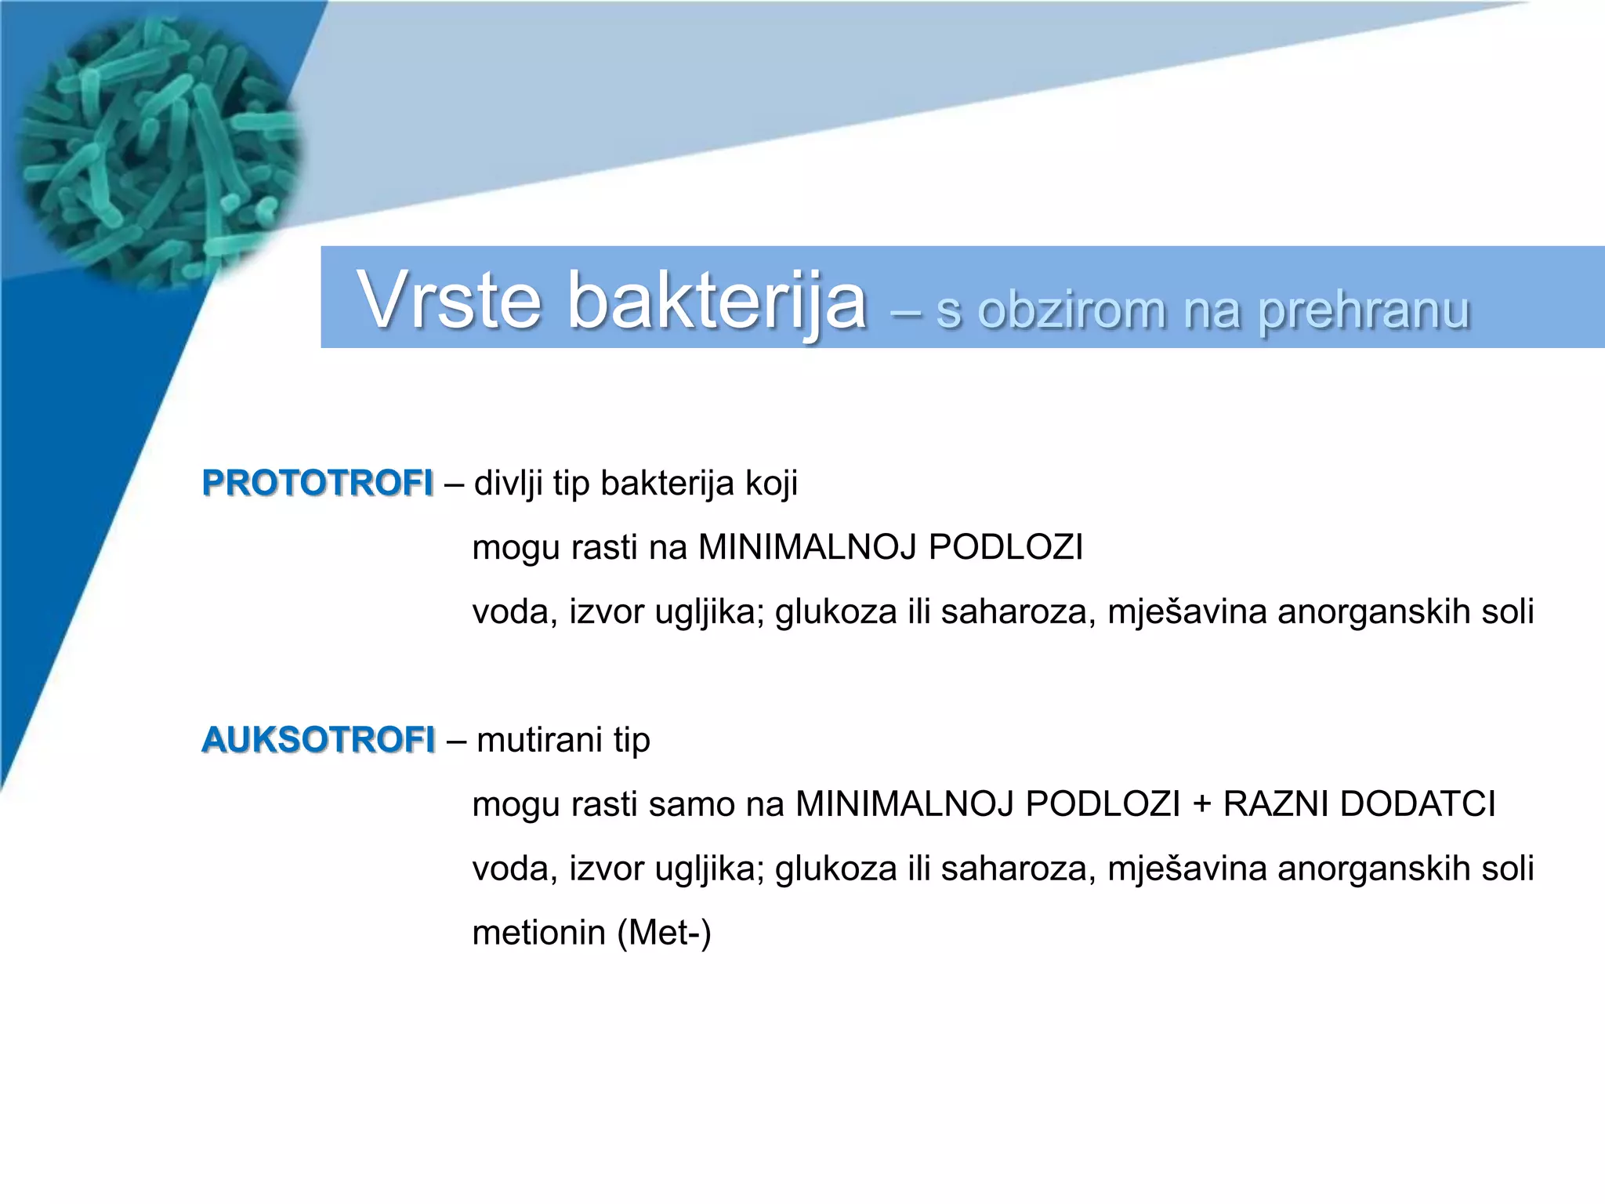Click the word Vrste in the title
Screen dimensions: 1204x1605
click(x=449, y=301)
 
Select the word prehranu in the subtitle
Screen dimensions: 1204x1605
click(x=1364, y=311)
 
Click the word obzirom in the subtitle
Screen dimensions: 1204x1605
click(x=1071, y=310)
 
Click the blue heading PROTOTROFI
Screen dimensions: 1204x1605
click(x=317, y=483)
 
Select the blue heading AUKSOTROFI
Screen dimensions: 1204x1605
click(x=318, y=740)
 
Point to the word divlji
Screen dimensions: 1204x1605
click(x=509, y=484)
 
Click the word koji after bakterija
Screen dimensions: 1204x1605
click(x=771, y=484)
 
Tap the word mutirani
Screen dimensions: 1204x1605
click(x=539, y=740)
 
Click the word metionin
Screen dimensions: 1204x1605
click(x=539, y=933)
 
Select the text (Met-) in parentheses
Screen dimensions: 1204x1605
click(x=665, y=933)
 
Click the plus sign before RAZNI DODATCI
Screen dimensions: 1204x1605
click(x=1201, y=804)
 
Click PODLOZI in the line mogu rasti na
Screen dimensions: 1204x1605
click(x=1005, y=547)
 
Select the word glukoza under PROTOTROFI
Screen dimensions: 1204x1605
click(x=835, y=612)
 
